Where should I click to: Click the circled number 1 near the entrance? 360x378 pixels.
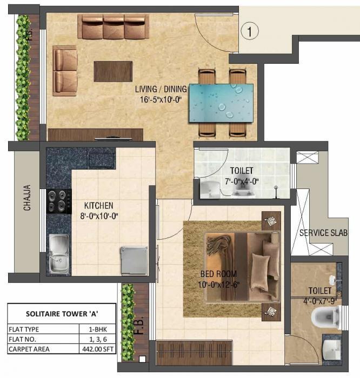[250, 31]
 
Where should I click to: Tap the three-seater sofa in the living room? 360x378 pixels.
[114, 26]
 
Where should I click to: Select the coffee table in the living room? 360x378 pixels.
[113, 71]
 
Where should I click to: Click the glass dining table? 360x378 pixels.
[222, 102]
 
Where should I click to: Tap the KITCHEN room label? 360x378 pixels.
[98, 206]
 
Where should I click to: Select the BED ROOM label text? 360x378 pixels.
[219, 274]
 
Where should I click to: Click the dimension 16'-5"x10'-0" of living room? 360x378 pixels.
[161, 99]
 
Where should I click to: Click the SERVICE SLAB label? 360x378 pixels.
[323, 233]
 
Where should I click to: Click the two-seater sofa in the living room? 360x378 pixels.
[65, 70]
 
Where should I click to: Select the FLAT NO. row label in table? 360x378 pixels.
[24, 339]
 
